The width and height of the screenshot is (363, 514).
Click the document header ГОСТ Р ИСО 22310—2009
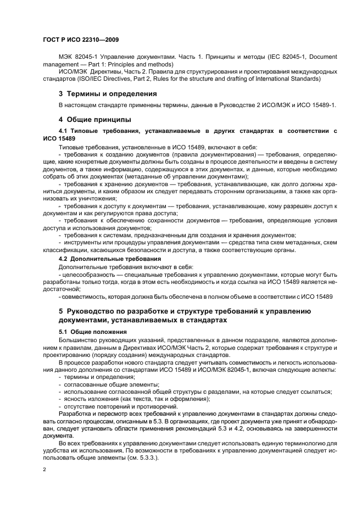(x=81, y=40)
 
